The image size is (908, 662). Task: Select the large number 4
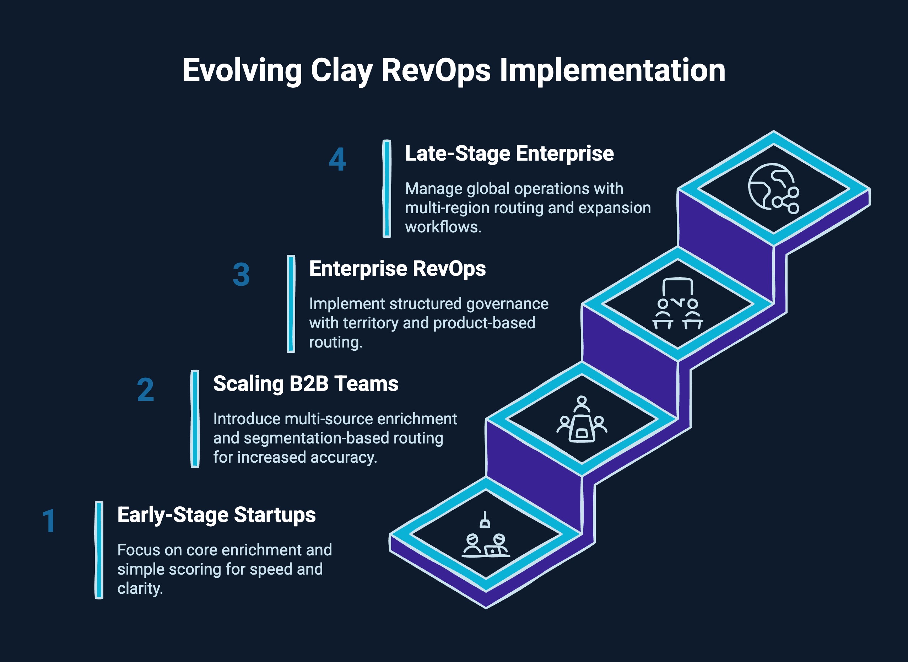337,160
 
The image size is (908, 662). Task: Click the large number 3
241,275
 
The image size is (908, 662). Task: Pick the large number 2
145,390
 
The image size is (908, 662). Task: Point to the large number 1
49,521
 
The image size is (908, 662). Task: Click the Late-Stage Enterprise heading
509,154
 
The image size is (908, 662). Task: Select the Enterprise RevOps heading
397,269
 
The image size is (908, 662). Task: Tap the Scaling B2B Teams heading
306,384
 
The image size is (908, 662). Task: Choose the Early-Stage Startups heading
216,515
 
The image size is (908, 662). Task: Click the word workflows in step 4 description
443,227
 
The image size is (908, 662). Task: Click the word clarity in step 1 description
140,588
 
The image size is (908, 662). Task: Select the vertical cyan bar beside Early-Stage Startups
99,550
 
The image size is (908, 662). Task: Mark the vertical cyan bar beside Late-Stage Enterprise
387,188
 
